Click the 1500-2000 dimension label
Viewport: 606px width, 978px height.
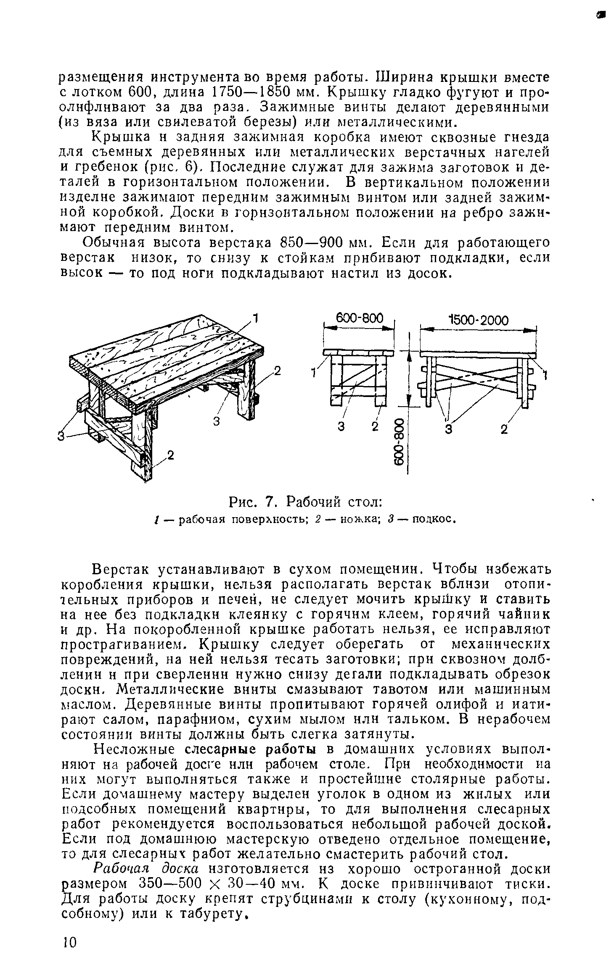pyautogui.click(x=478, y=321)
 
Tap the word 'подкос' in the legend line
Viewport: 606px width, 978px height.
pyautogui.click(x=433, y=519)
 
